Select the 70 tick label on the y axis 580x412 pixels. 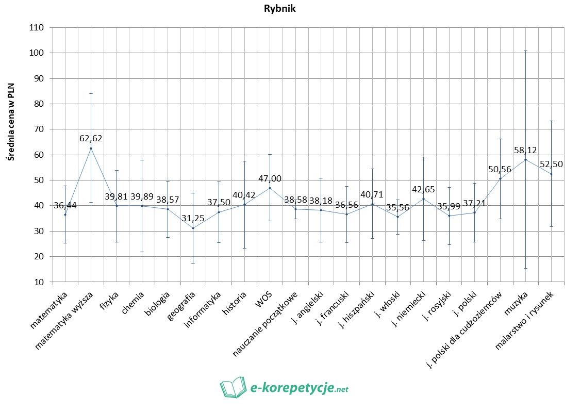pos(39,129)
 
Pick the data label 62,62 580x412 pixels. pos(91,138)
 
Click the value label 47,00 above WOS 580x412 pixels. pos(270,177)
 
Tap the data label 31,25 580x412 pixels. pos(193,218)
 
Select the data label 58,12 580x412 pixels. pos(526,150)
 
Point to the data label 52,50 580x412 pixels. pos(552,164)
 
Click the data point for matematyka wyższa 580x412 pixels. pos(91,149)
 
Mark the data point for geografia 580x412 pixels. pos(193,228)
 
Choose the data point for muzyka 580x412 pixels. pos(525,159)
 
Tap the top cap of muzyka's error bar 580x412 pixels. pos(525,51)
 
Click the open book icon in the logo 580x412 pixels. pos(233,387)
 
